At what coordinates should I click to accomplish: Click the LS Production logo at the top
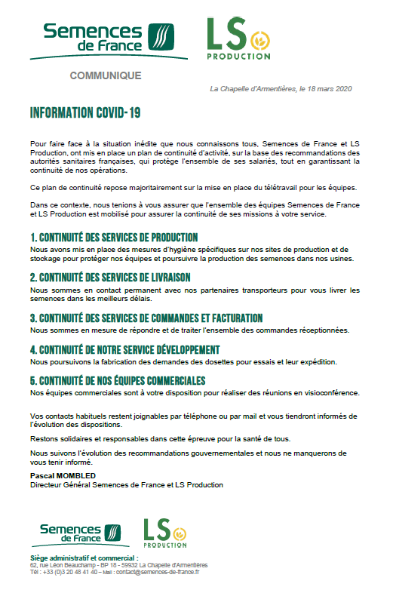coord(237,40)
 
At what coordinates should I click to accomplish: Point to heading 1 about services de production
coord(113,238)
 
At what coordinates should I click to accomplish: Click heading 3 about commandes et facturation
coord(146,318)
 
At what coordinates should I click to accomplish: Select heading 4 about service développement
coord(124,349)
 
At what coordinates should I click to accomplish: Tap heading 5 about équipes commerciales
coord(118,379)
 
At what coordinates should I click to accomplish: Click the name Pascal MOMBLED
coord(63,477)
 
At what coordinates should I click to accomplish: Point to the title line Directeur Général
coord(127,484)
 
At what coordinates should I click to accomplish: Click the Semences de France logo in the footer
coord(79,534)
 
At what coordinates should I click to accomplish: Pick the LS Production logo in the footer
coord(165,533)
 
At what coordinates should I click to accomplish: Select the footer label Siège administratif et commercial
coord(75,558)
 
